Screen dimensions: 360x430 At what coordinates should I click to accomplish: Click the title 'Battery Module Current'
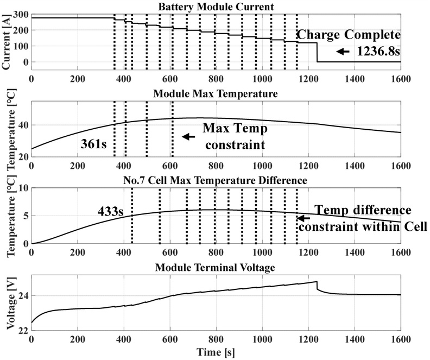click(216, 7)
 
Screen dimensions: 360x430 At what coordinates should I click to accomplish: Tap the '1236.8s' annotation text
click(378, 52)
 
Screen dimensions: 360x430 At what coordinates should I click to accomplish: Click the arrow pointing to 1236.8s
click(343, 52)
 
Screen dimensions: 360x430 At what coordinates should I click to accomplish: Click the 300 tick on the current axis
click(20, 13)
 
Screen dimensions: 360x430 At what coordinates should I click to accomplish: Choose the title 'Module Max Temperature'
click(216, 94)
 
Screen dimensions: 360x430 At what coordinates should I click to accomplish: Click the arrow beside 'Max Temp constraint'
click(188, 137)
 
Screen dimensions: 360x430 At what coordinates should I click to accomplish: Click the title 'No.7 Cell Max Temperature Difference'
click(216, 179)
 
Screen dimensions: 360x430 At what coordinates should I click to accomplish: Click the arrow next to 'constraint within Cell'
click(302, 218)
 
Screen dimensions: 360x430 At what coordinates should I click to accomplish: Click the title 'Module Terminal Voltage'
click(216, 267)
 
